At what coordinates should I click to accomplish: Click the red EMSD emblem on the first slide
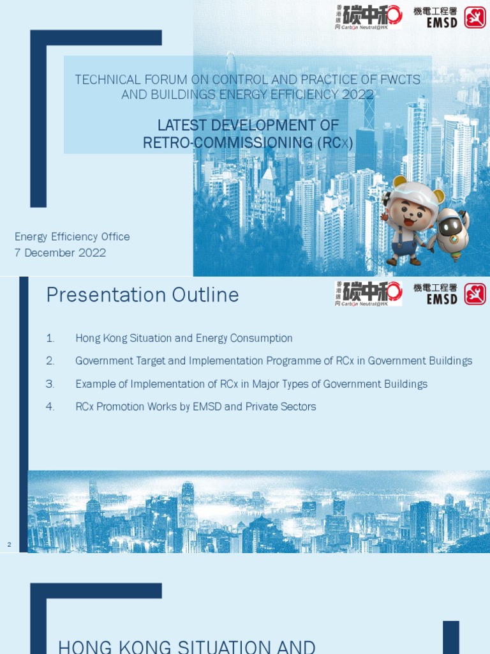pos(475,17)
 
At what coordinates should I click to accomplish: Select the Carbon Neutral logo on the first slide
pos(368,17)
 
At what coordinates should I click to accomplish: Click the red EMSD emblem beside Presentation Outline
pos(475,294)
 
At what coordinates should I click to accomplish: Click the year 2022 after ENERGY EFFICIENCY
pos(357,95)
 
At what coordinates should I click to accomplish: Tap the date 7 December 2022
pos(60,253)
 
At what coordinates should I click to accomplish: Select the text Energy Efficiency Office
pos(72,237)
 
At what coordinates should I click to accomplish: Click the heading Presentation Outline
pos(142,295)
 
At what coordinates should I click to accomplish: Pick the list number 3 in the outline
pos(50,384)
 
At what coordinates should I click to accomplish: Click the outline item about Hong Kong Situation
pos(184,338)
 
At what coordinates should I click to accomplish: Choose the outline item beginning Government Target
pos(274,361)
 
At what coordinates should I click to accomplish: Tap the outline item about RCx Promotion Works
pos(195,407)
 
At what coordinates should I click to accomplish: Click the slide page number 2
pos(9,545)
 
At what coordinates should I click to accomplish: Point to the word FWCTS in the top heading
pos(390,80)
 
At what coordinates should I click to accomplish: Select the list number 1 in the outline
pos(50,338)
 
